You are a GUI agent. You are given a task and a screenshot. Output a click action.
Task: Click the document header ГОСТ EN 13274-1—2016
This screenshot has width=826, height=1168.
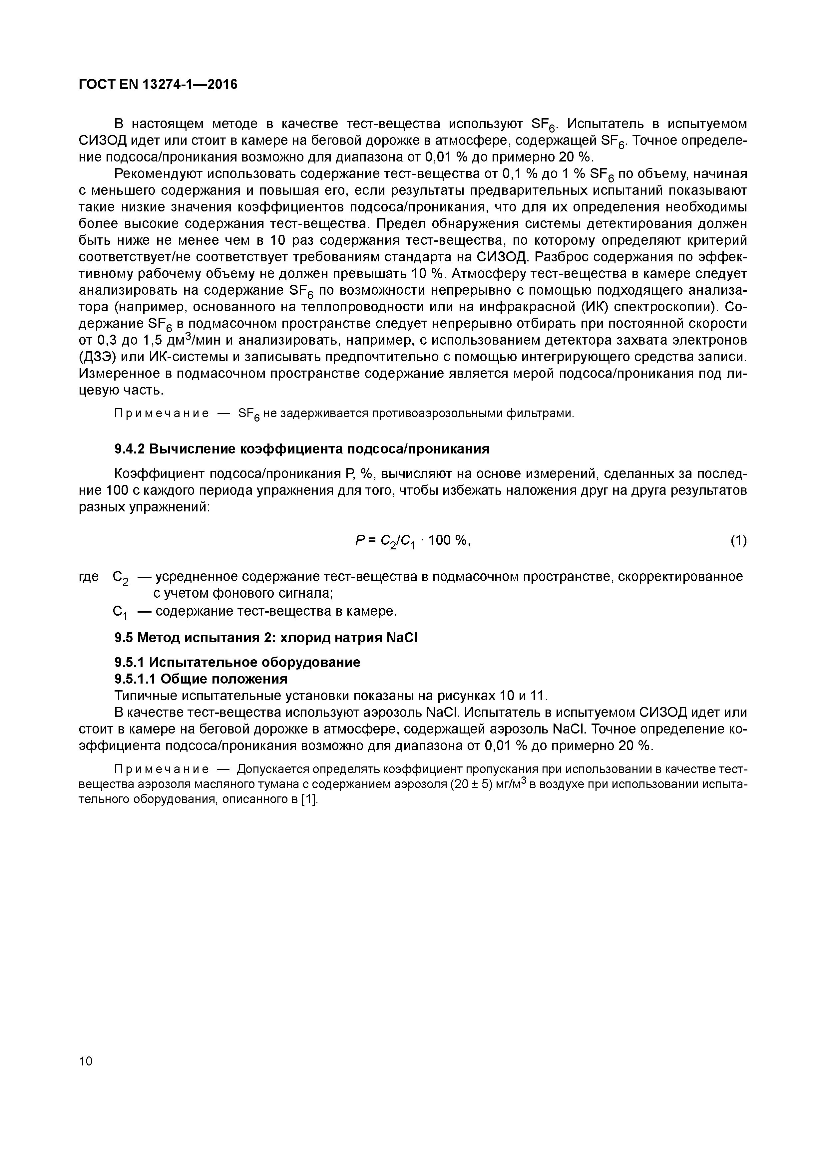[158, 85]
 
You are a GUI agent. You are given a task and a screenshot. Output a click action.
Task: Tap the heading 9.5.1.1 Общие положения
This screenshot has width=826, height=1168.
[201, 679]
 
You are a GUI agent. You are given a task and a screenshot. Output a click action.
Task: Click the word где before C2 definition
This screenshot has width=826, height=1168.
[89, 577]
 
